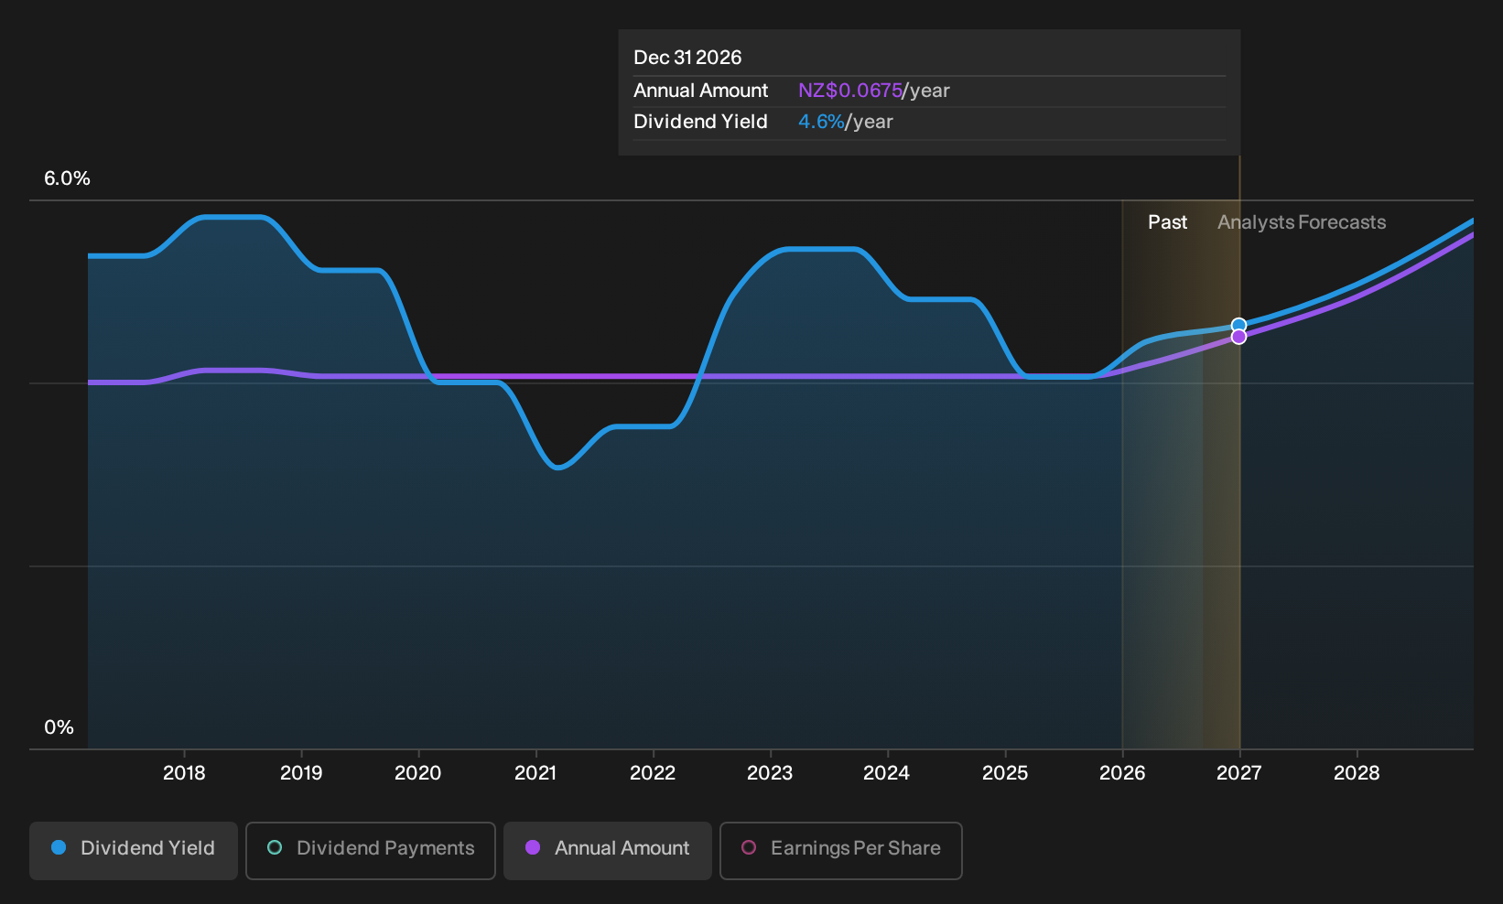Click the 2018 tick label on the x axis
[184, 772]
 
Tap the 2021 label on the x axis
[535, 772]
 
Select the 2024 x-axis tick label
[886, 772]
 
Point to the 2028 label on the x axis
[1357, 772]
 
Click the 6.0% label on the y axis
[67, 178]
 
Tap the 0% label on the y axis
[59, 727]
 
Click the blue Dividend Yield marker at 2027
[1238, 325]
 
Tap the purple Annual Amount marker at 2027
[1238, 337]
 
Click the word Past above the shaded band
[1167, 222]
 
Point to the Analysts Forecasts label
[1302, 222]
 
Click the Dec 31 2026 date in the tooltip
[687, 58]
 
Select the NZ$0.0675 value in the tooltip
[850, 90]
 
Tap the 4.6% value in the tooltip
[821, 122]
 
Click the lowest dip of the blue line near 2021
[558, 467]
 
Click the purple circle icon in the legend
[533, 847]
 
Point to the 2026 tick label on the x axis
[1122, 772]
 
